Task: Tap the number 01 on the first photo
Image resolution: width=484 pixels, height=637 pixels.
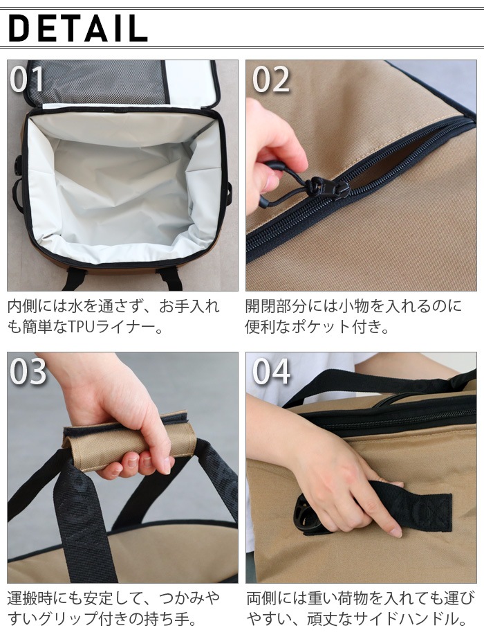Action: point(28,80)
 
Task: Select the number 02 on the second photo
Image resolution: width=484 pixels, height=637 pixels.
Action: point(271,80)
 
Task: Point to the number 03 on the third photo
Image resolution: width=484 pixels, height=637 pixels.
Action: point(28,372)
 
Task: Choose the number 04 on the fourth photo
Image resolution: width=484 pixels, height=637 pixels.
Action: point(271,372)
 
